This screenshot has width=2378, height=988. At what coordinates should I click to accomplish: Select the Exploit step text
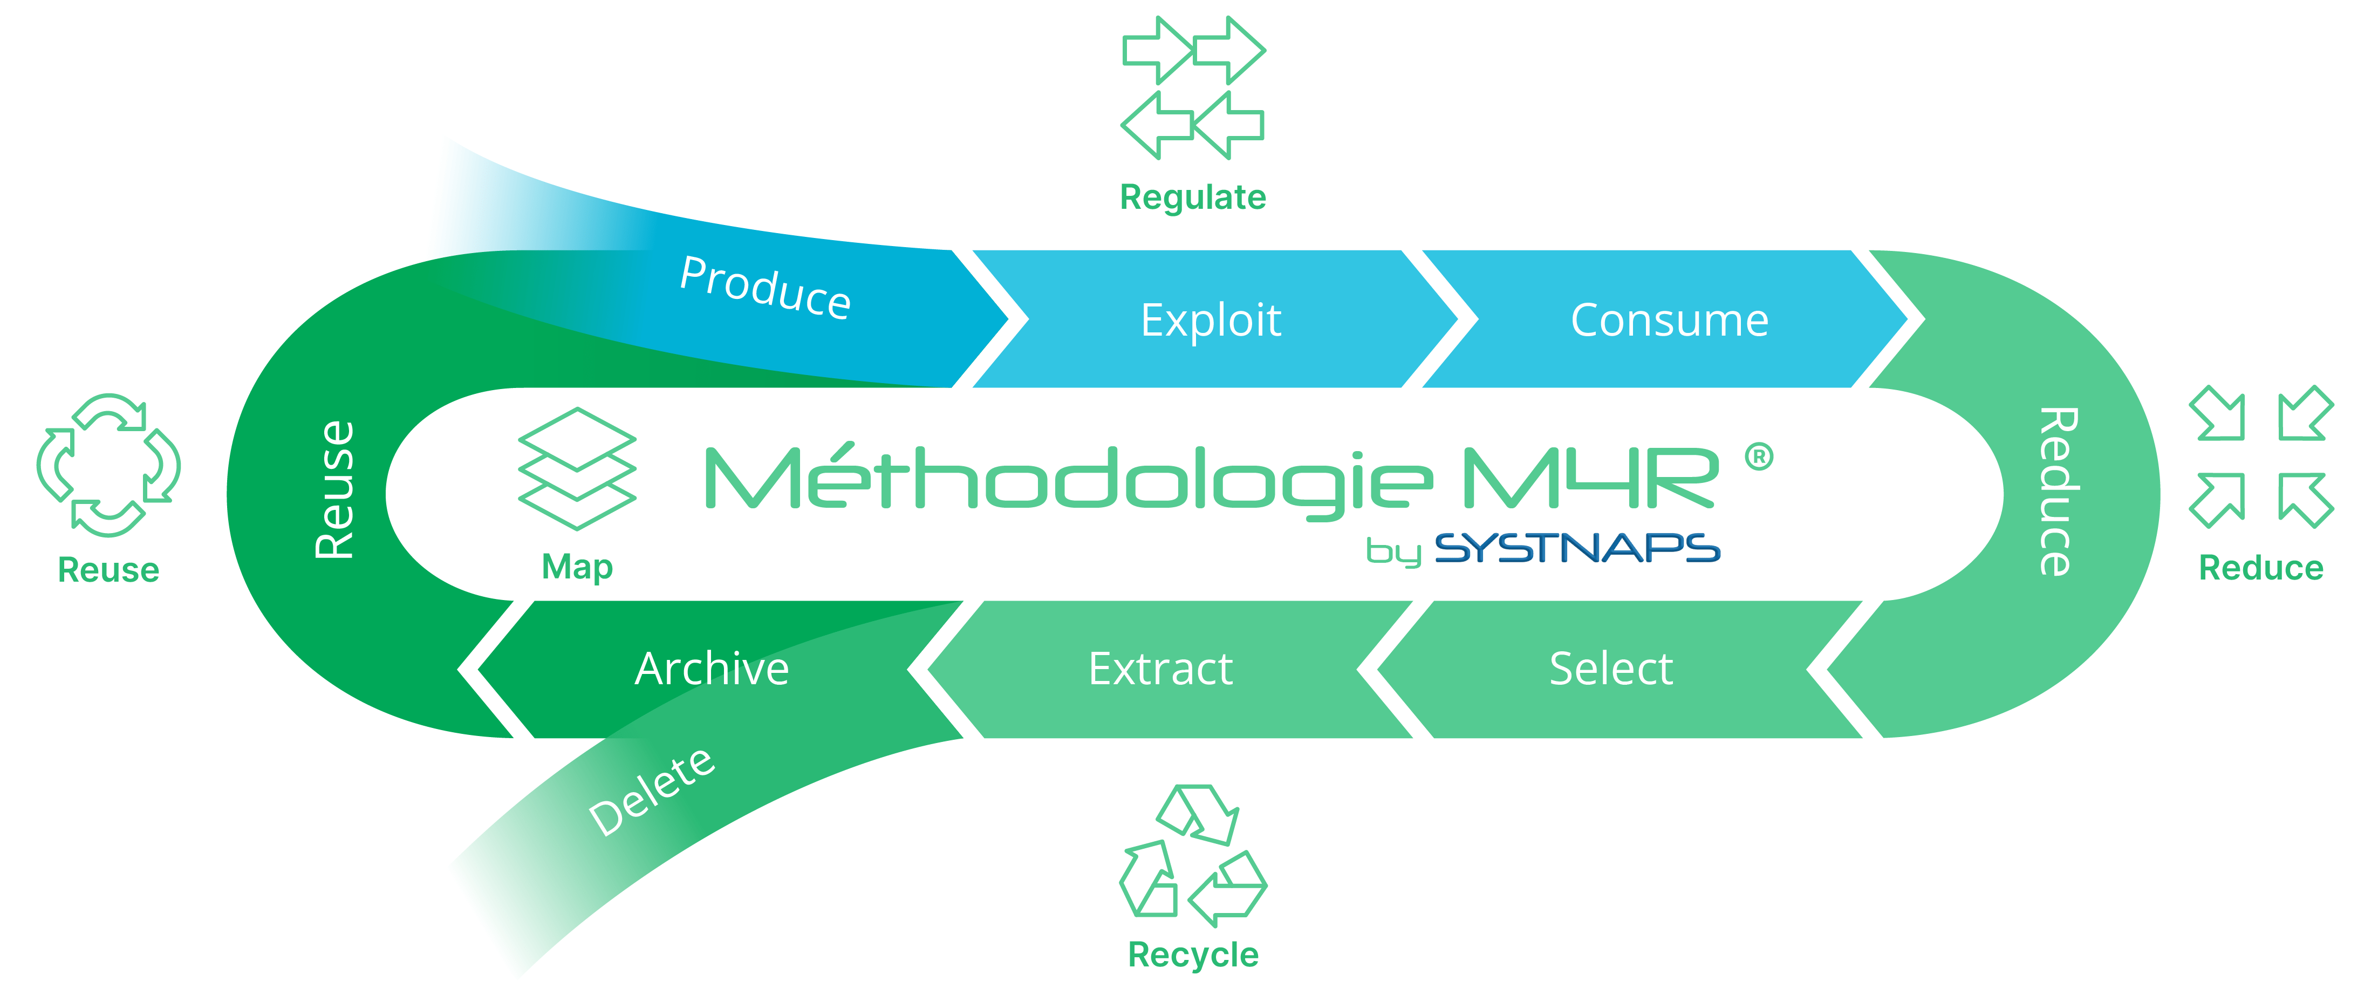pos(1211,321)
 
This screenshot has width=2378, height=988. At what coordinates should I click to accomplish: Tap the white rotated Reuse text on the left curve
pos(334,489)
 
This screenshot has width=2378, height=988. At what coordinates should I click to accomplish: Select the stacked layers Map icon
pos(577,468)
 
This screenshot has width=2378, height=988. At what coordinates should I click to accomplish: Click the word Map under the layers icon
pos(577,566)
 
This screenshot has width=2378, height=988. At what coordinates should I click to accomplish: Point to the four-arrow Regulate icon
pos(1193,88)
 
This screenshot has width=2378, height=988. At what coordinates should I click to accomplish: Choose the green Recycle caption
pos(1193,955)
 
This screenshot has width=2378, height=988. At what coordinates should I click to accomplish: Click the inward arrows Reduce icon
pos(2261,457)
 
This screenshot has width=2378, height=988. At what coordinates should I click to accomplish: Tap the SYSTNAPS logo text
pos(1577,548)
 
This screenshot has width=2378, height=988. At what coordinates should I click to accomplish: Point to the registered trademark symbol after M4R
pos(1759,456)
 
